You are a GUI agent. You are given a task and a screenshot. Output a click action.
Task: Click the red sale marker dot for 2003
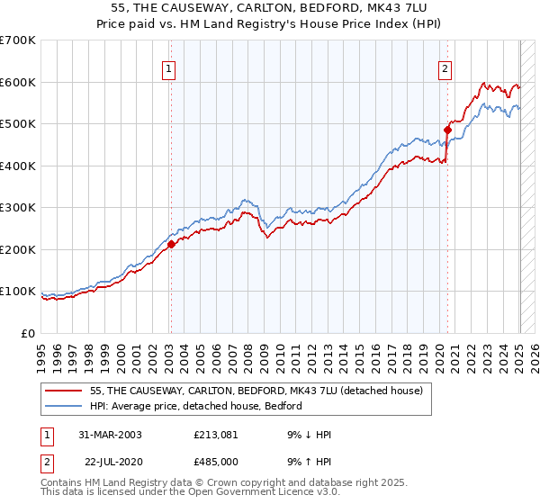(x=171, y=244)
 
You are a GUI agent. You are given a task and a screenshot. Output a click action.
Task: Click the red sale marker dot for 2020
(x=447, y=130)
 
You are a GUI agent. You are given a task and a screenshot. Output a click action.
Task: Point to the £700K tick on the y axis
(x=18, y=40)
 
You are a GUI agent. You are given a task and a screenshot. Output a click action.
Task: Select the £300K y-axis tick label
(x=18, y=208)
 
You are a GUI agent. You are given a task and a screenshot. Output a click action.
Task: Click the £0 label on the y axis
(x=27, y=333)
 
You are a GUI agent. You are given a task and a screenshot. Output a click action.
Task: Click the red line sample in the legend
(x=66, y=391)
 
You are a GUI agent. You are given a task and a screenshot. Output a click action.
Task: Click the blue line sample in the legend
(x=66, y=407)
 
